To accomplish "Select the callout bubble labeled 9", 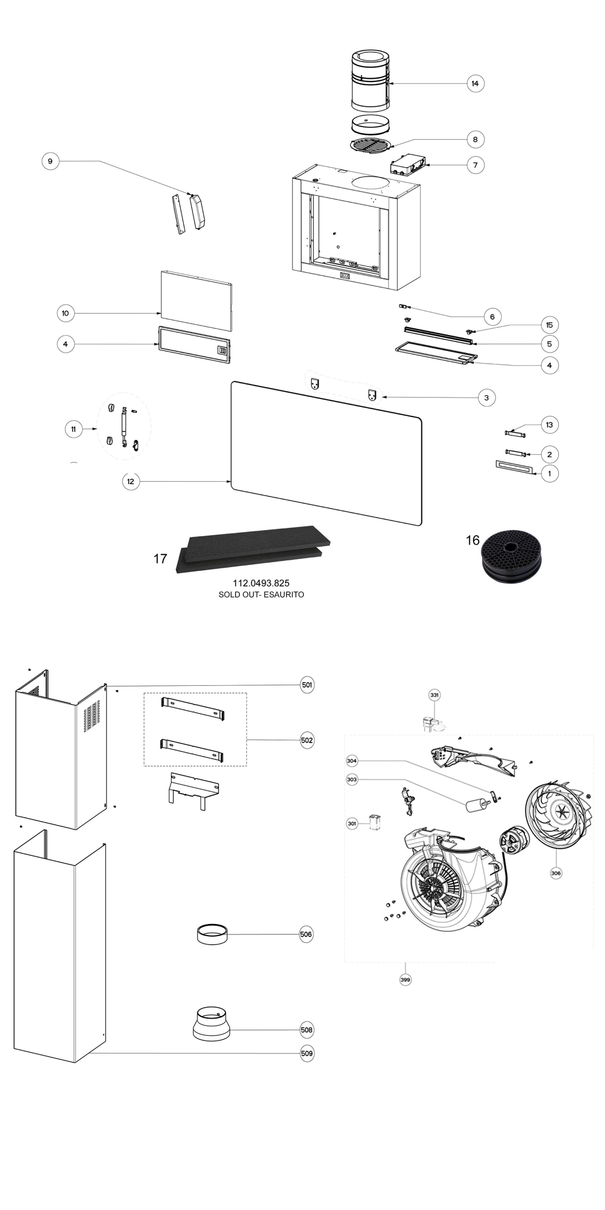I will (x=50, y=161).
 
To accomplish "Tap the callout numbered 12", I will (x=130, y=481).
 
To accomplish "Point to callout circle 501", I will (x=307, y=685).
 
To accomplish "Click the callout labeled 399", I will (x=405, y=979).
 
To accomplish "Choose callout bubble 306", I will (x=555, y=872).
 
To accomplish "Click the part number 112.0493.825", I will (x=261, y=582).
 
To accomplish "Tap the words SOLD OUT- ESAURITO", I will (x=261, y=594).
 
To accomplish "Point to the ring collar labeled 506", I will (x=212, y=934).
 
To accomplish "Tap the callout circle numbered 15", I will (x=549, y=325).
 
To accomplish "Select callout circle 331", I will (x=435, y=695).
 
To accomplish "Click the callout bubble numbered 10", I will (x=65, y=313).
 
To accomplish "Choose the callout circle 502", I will (x=307, y=740).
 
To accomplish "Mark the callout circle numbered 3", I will (x=486, y=397).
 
